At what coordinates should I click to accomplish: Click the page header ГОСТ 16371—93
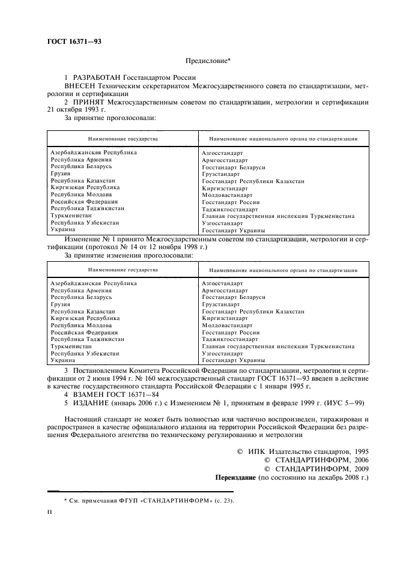73,43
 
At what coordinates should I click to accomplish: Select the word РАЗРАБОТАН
97,79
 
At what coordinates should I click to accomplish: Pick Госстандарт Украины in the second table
234,360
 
